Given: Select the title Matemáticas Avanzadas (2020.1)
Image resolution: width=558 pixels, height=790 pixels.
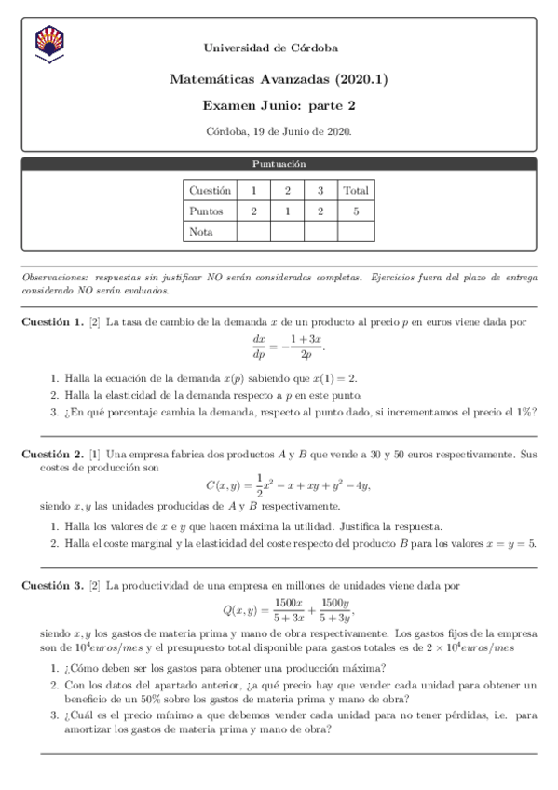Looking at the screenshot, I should [x=279, y=80].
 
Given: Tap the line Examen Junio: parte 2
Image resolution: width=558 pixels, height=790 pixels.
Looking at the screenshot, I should [x=279, y=107].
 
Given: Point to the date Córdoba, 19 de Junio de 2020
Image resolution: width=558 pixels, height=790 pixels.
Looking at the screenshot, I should [x=279, y=132].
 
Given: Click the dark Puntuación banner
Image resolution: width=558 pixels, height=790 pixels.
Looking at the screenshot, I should [x=279, y=164].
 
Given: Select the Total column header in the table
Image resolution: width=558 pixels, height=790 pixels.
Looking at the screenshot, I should [x=355, y=190].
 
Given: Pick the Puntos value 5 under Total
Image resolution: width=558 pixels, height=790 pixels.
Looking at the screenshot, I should [x=355, y=211].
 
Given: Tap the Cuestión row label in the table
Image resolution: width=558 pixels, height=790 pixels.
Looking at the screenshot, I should [x=210, y=190].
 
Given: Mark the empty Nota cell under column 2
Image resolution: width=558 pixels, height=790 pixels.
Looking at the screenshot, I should [x=287, y=231].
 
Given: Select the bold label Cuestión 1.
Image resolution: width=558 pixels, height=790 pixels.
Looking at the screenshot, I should [x=52, y=322].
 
